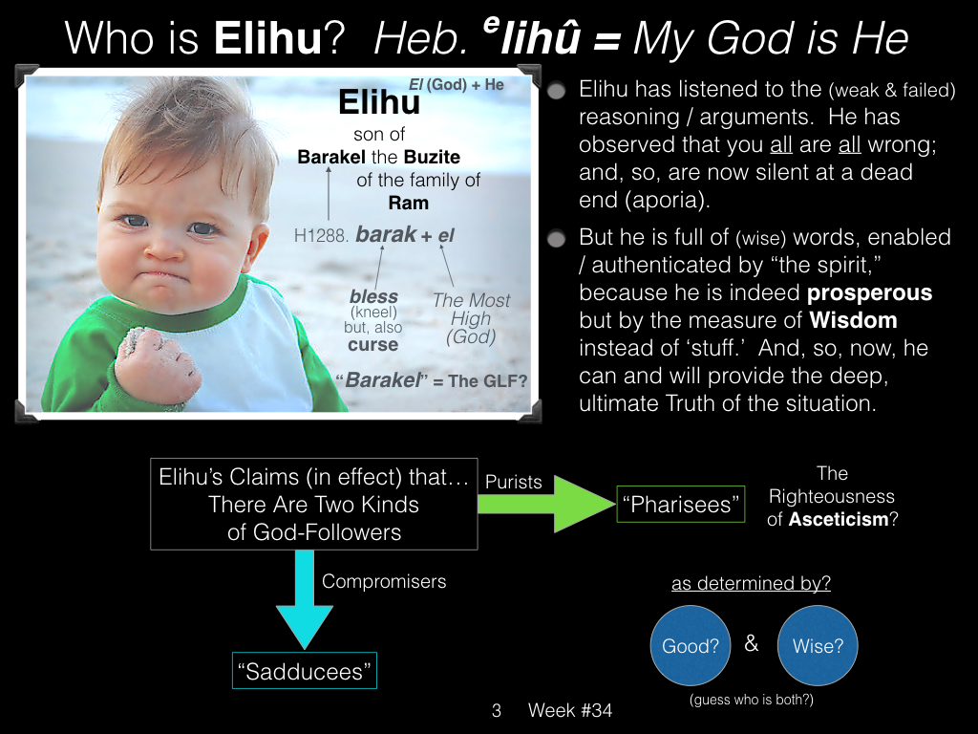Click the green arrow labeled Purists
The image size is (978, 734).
point(546,504)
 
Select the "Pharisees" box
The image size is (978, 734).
point(680,504)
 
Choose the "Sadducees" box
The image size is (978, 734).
point(305,671)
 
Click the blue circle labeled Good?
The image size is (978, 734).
point(691,645)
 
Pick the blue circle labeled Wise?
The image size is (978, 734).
point(818,645)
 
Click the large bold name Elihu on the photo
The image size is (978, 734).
point(379,101)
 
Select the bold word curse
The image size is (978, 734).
point(373,344)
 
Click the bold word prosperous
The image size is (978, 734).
point(869,292)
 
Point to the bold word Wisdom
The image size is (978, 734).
point(853,320)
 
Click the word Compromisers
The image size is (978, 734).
point(384,581)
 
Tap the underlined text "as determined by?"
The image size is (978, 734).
point(751,583)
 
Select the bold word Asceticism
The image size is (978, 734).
point(839,519)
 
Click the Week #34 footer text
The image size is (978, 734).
point(570,710)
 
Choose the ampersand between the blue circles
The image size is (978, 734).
point(752,643)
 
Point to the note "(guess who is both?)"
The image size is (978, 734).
point(752,700)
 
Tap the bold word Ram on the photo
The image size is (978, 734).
point(409,203)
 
